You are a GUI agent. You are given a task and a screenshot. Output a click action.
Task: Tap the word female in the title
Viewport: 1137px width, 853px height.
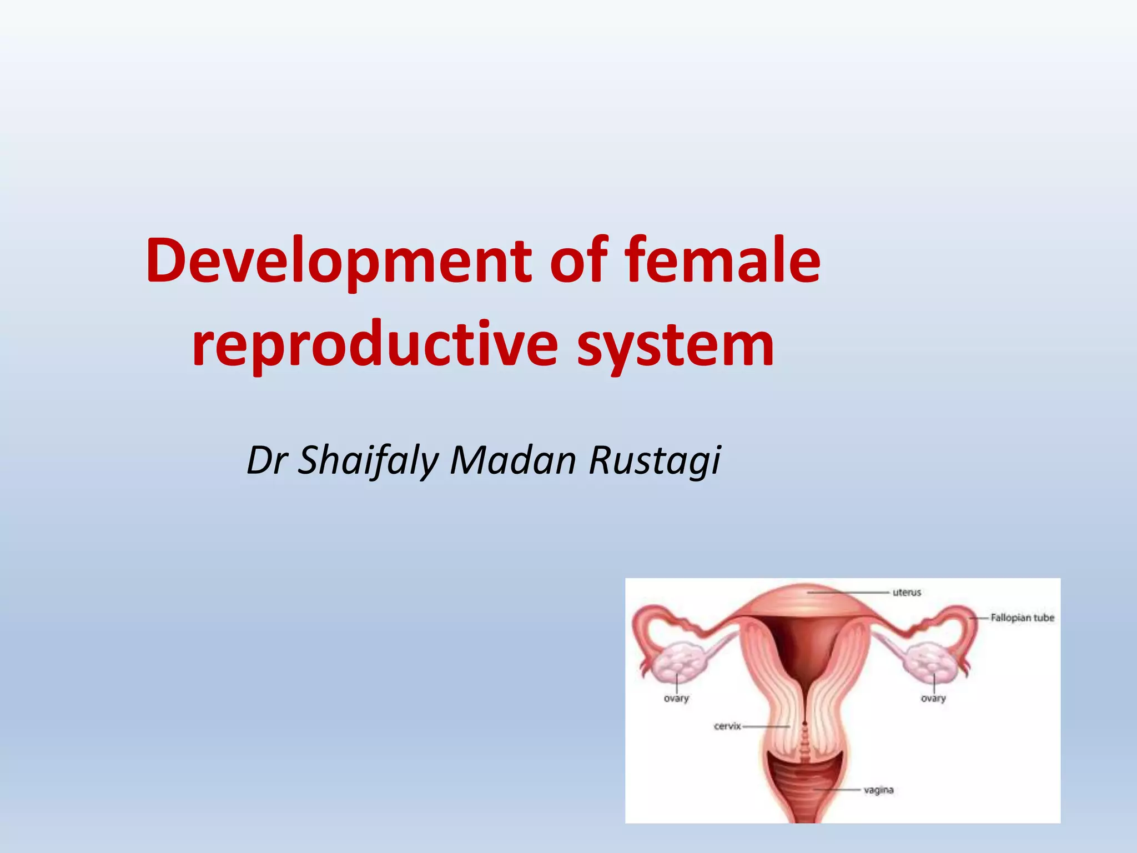[722, 260]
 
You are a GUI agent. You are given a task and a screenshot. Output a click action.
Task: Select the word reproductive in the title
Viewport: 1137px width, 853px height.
[375, 344]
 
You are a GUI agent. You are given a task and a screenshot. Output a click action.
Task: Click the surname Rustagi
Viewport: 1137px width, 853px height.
[655, 461]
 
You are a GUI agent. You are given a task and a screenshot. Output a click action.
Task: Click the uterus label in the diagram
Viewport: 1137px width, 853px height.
[907, 593]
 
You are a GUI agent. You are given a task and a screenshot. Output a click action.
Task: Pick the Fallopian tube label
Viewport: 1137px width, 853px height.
[1022, 618]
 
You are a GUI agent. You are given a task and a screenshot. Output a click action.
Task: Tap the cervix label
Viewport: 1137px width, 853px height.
[727, 726]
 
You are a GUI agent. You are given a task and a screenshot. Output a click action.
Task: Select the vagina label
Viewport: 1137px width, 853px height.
[878, 790]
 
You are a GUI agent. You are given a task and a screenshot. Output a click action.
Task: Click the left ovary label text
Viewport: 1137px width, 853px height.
[676, 698]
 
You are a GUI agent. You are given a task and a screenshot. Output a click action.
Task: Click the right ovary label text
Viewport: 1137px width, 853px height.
[933, 698]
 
